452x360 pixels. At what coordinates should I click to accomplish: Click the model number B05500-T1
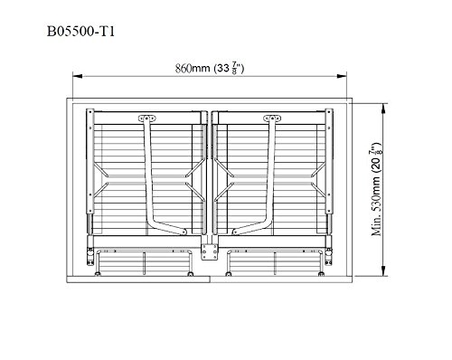80,32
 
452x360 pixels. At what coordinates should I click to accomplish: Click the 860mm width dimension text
210,68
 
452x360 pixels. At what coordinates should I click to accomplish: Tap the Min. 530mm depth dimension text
376,189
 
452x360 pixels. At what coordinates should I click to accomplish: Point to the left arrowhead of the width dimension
78,76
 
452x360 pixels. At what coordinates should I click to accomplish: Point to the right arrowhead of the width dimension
342,76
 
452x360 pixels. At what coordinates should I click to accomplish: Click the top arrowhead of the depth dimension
383,109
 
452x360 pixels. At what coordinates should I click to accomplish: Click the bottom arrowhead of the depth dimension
383,270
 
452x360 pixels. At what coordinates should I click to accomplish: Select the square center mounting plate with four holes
210,251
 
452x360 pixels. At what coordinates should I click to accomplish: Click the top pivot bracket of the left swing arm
147,118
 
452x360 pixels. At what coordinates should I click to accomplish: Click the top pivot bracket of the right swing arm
272,118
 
